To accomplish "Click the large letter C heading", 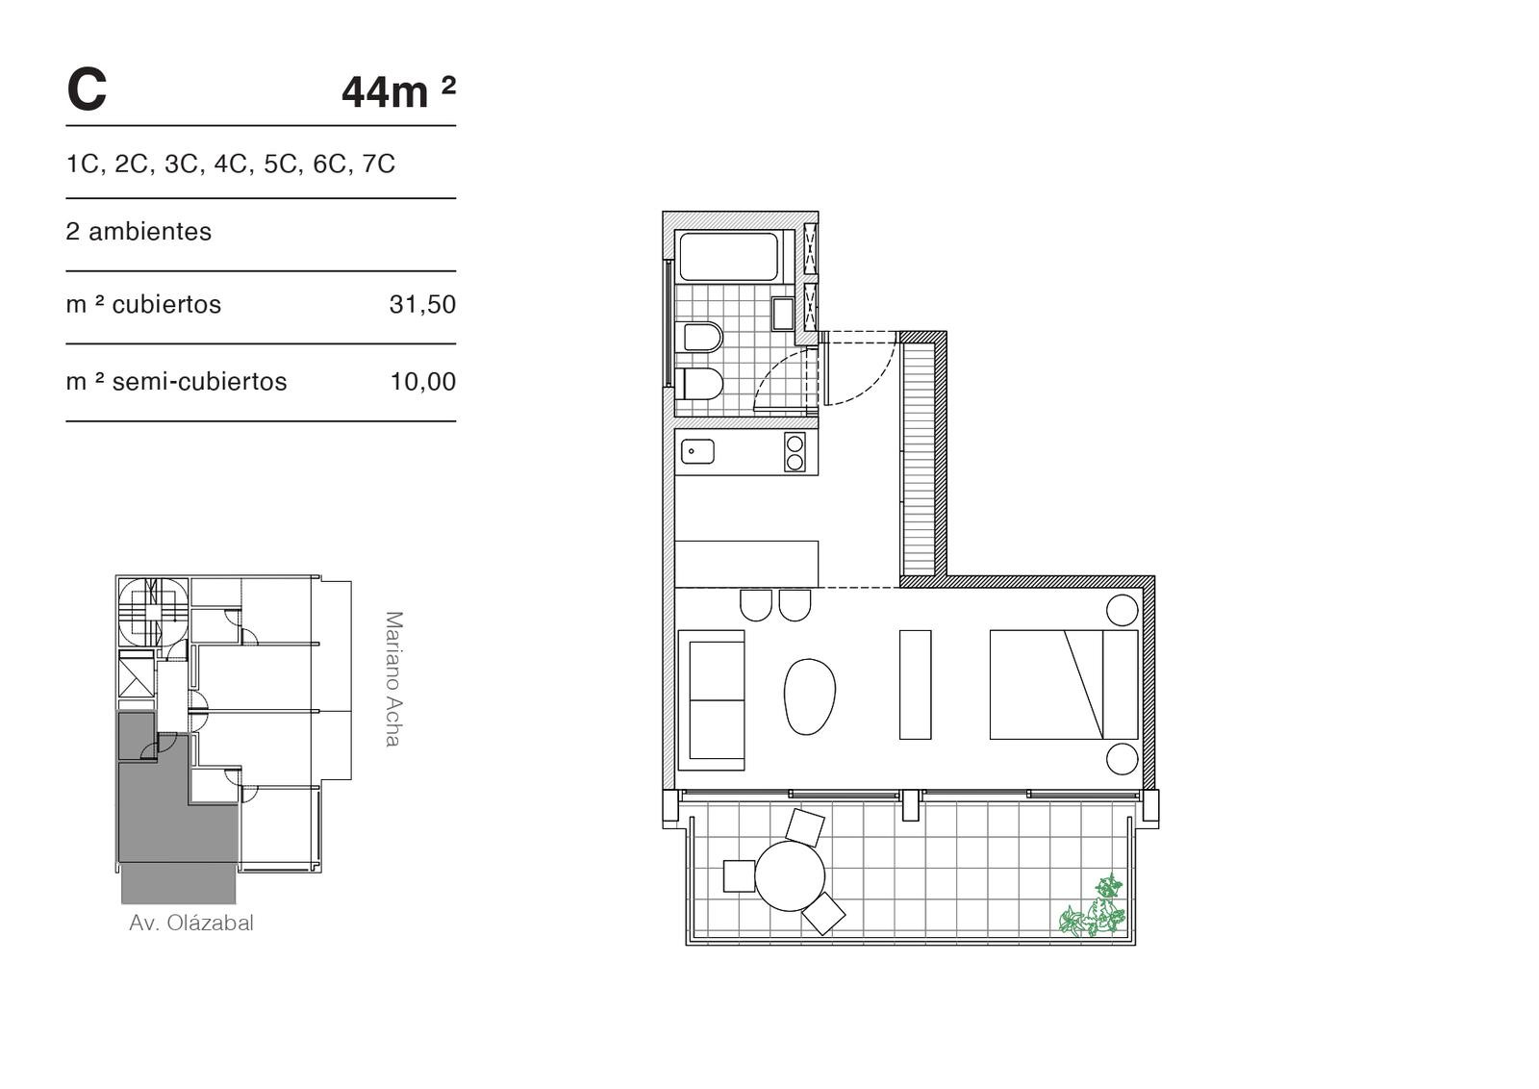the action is pos(87,90).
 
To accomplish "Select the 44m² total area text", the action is pos(398,91).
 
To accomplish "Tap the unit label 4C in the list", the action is pos(230,165).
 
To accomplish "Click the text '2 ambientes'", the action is pos(139,232).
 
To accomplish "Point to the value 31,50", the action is pos(422,304).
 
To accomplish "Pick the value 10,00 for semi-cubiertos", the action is pos(422,382).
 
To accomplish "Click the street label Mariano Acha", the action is pos(393,679).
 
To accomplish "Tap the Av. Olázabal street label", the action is pos(191,922).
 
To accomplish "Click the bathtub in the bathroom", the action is pos(729,256).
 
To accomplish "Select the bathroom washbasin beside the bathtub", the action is pos(783,314).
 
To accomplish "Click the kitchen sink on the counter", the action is pos(697,452).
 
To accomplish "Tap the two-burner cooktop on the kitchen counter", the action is pos(795,452).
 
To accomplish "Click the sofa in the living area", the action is pos(712,700).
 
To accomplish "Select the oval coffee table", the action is pos(810,696).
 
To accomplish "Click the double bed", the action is pos(1064,684).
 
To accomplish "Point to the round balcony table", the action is pos(790,876).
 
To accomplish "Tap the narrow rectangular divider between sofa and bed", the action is pos(915,684).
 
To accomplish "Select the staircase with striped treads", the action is pos(920,458).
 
